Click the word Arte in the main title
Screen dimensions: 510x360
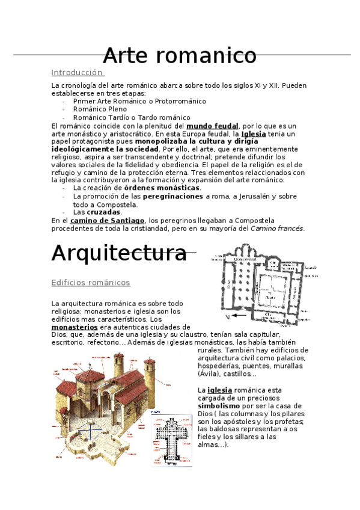pyautogui.click(x=126, y=55)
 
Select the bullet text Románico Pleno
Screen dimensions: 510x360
pyautogui.click(x=100, y=109)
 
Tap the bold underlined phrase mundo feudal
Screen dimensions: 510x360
pyautogui.click(x=212, y=126)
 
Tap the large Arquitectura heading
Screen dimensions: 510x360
pyautogui.click(x=119, y=253)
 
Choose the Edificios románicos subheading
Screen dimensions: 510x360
pyautogui.click(x=91, y=282)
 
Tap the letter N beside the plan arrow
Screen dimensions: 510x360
pyautogui.click(x=227, y=315)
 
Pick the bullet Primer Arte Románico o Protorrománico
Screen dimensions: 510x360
pyautogui.click(x=131, y=102)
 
